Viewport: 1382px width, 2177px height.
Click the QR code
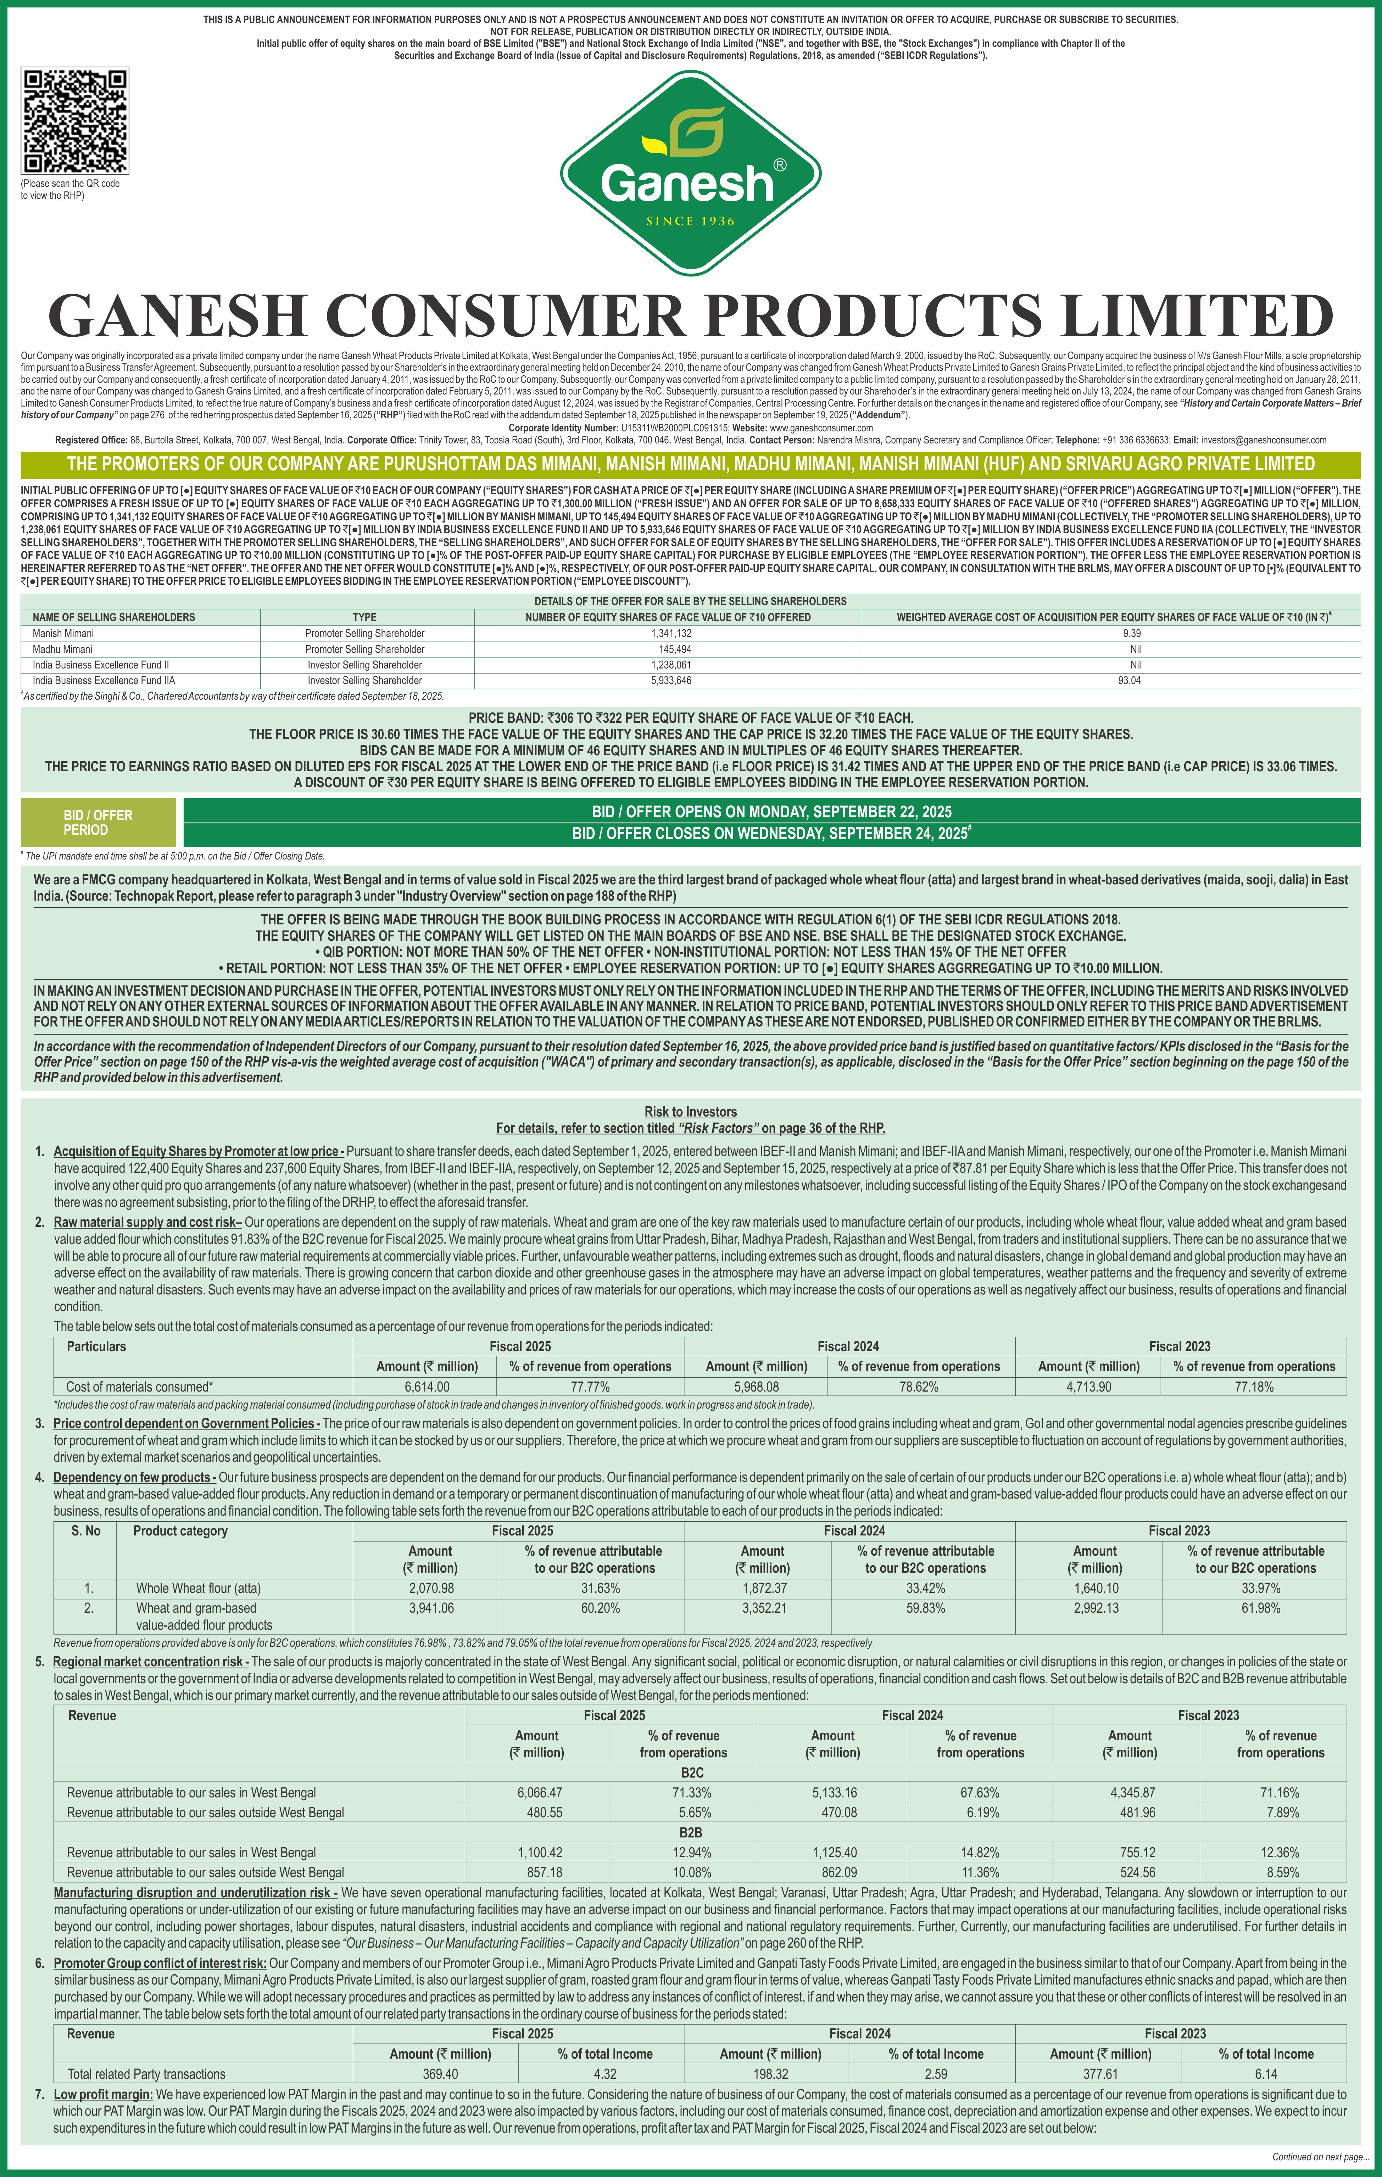(x=75, y=120)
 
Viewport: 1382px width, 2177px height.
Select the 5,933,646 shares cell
(x=670, y=680)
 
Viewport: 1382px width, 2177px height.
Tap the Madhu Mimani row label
(x=62, y=649)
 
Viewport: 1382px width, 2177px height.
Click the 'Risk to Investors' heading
(x=690, y=1111)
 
